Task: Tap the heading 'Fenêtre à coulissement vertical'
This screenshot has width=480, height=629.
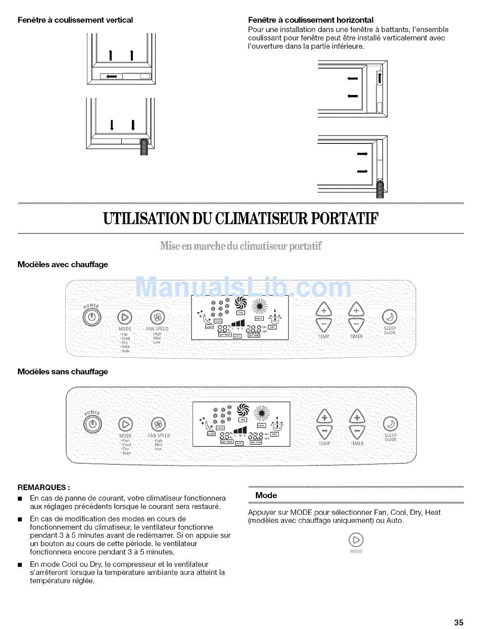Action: click(75, 20)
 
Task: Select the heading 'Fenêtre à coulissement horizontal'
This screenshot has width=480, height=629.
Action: click(311, 20)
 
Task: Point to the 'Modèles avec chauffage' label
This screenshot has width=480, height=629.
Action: click(63, 264)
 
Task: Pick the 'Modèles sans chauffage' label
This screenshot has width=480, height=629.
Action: click(63, 371)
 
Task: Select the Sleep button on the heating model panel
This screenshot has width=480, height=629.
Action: click(390, 317)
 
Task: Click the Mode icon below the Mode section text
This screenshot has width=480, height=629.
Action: click(356, 540)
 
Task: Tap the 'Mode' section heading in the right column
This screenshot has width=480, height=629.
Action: click(266, 495)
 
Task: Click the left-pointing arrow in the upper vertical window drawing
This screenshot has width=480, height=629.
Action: click(112, 77)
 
